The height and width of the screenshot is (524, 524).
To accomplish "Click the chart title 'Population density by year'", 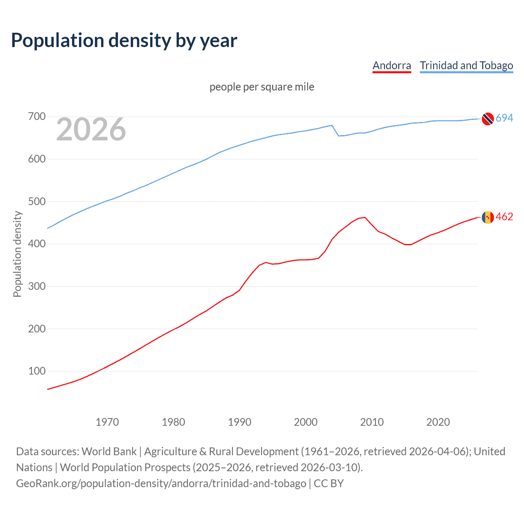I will coord(124,41).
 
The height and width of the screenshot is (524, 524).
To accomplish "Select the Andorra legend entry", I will coord(391,65).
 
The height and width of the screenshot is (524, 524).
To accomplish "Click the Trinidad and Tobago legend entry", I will coord(466,65).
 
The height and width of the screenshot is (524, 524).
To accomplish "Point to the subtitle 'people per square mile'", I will coord(262,87).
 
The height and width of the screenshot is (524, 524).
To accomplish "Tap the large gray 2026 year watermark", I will coord(91,130).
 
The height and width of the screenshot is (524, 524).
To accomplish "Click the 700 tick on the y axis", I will coord(36,117).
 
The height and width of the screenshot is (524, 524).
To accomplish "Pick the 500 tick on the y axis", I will coord(36,201).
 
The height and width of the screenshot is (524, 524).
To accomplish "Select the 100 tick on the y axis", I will coord(36,371).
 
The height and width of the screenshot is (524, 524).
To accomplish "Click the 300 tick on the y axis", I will coord(36,286).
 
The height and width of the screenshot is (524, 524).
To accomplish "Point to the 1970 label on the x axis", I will coord(107,422).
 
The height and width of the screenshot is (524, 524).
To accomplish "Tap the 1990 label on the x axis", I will coord(239,422).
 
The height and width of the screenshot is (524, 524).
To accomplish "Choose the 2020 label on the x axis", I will coord(438,422).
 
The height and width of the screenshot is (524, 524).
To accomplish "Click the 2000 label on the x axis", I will coord(306,422).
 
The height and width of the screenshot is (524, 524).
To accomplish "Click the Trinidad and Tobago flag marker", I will coord(488,119).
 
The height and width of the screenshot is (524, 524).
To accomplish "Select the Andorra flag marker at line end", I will coord(488,217).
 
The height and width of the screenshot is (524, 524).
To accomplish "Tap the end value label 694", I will coord(504,118).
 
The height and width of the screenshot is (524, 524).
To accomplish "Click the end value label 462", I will coord(504,217).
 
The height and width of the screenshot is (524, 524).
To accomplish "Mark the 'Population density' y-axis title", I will coord(17,254).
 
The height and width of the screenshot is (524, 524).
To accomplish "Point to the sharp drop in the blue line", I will coord(335,131).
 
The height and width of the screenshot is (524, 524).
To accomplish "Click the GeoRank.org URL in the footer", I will coord(161,483).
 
